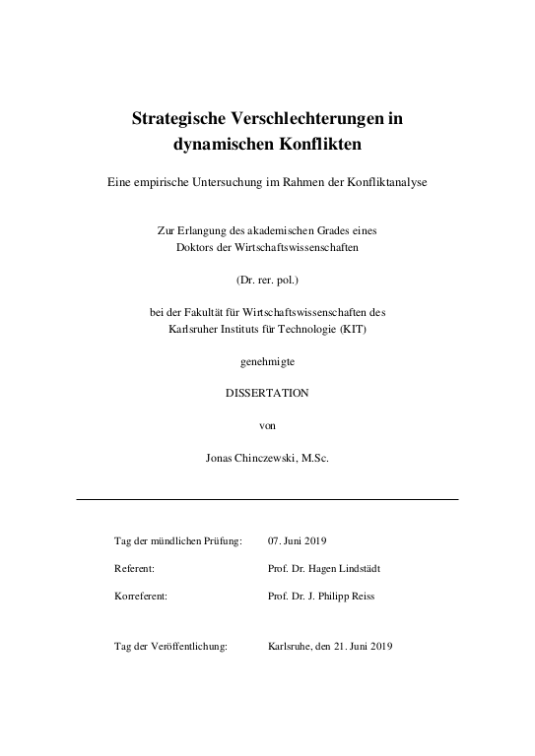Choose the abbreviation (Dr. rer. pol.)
point(267,281)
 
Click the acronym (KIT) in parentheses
point(360,328)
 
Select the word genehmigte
point(268,361)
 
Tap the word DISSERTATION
point(268,393)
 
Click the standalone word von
point(267,424)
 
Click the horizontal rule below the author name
point(267,499)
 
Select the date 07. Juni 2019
point(297,540)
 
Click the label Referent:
point(135,569)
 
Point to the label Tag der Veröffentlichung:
point(171,647)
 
